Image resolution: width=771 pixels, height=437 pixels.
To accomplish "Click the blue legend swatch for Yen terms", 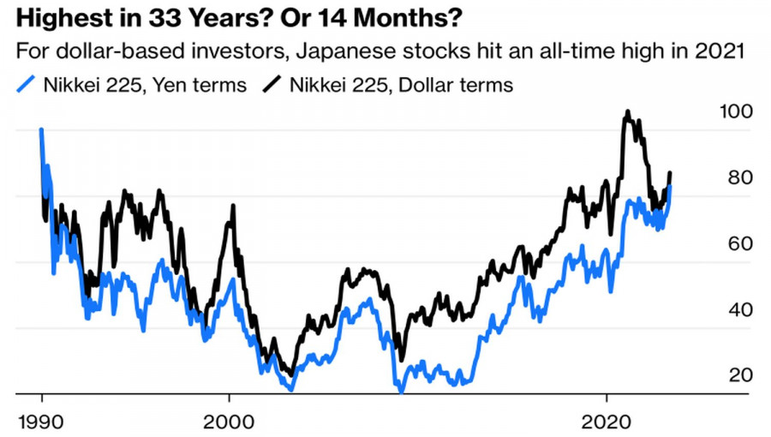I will click(x=28, y=84).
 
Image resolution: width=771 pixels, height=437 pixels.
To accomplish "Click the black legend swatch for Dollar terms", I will click(x=274, y=84).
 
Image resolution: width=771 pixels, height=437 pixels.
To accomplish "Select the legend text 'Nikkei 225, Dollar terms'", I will click(x=401, y=84).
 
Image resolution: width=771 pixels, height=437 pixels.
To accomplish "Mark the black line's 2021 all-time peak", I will click(x=628, y=111).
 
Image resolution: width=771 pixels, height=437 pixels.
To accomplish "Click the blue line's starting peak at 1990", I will click(x=41, y=130).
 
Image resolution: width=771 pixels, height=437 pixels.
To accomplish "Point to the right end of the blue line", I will click(x=670, y=187).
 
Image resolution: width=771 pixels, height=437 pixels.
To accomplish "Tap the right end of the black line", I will click(x=670, y=173).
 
